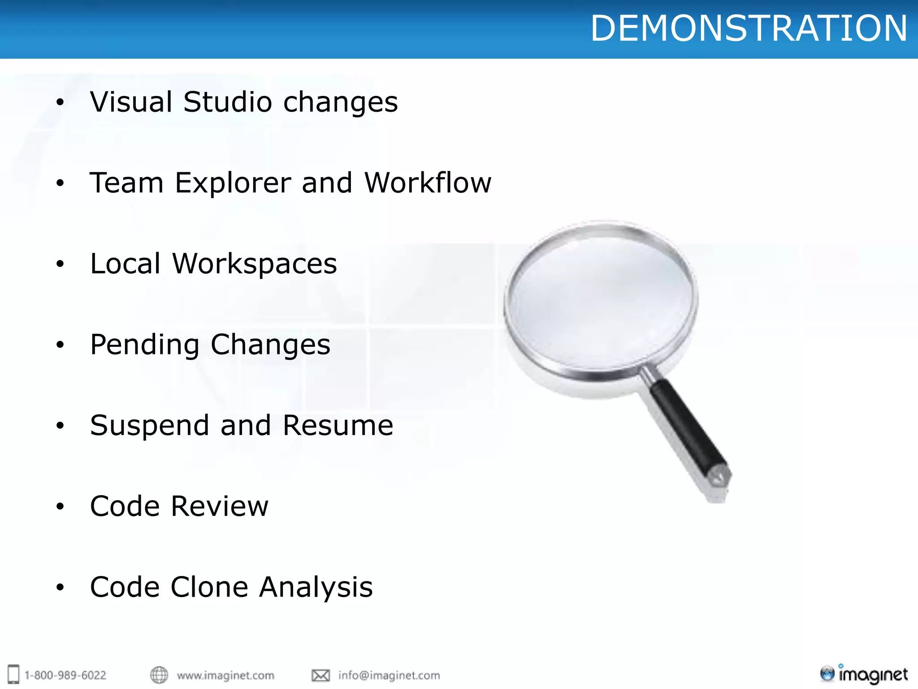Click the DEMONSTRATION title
click(749, 29)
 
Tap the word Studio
click(227, 102)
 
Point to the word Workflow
click(428, 183)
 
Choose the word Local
click(125, 264)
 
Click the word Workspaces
click(254, 265)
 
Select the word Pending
click(144, 345)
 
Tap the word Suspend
click(149, 426)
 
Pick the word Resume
click(338, 425)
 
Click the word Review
click(220, 506)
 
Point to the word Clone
click(209, 587)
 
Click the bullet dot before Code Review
click(60, 507)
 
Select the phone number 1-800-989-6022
click(65, 675)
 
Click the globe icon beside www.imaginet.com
click(159, 675)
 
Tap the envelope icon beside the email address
click(320, 675)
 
